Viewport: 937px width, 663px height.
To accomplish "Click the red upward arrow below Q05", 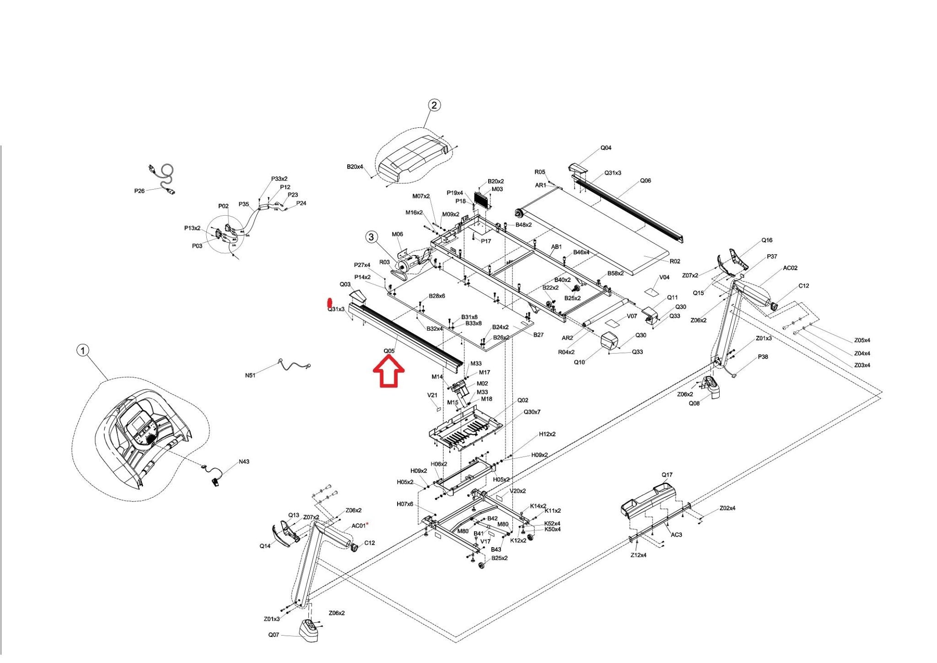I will [x=388, y=371].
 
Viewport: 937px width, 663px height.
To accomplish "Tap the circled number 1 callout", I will [x=82, y=351].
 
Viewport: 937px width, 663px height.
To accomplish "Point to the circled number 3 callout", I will [x=371, y=237].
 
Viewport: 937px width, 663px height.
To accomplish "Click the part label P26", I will [x=140, y=191].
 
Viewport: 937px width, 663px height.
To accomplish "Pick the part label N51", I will [x=250, y=375].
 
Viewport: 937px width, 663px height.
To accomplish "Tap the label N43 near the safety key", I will [x=244, y=462].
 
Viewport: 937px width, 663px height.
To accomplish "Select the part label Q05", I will [x=389, y=351].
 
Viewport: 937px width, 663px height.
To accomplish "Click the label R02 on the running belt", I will [x=675, y=261].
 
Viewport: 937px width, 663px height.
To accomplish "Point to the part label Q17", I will [x=667, y=475].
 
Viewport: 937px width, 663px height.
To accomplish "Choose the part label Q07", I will [x=274, y=635].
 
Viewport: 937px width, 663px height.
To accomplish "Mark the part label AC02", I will [x=790, y=268].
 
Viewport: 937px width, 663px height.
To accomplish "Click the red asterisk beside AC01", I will [x=367, y=524].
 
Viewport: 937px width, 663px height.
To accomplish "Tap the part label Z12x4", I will [x=638, y=555].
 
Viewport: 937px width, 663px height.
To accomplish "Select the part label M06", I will [x=397, y=234].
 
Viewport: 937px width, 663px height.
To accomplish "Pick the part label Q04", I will [x=606, y=148].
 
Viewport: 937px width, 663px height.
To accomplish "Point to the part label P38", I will [x=763, y=357].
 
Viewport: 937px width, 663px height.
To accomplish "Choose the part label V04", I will [x=664, y=277].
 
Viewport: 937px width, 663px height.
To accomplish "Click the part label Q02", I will [x=523, y=400].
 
